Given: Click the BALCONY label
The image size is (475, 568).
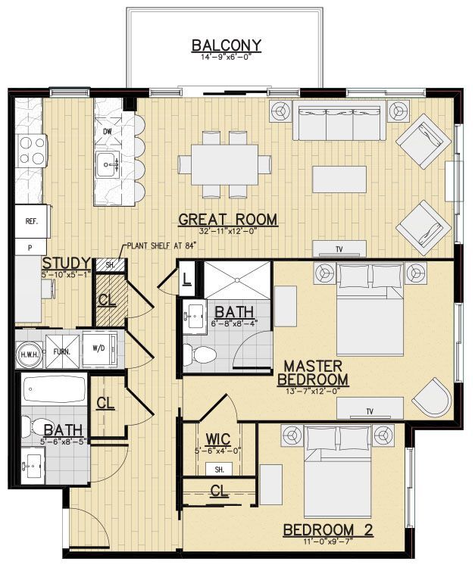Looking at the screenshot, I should (227, 45).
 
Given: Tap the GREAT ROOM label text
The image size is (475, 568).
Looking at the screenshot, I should (227, 220).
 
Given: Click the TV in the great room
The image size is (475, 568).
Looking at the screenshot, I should (340, 249).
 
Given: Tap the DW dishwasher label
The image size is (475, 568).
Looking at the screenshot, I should (108, 132).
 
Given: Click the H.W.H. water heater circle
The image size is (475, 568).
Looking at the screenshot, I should (30, 352).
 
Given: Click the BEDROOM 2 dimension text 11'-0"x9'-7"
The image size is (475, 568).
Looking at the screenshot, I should (327, 542).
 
